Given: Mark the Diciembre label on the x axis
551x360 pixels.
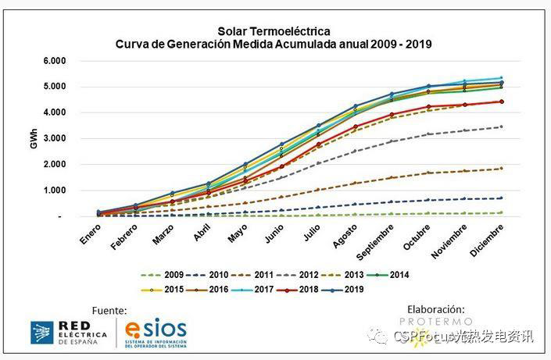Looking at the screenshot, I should [x=486, y=239].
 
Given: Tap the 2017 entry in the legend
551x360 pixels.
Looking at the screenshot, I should [x=259, y=289].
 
